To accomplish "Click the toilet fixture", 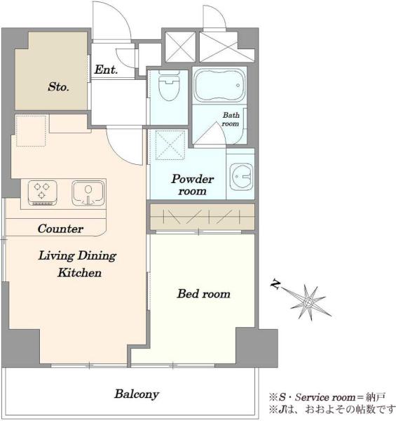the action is (x=169, y=86).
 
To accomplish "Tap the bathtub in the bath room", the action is (x=219, y=85).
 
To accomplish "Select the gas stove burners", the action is (x=43, y=193).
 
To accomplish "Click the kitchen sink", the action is (x=88, y=193).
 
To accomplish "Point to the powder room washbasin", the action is (x=241, y=176).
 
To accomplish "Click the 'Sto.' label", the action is (x=58, y=87).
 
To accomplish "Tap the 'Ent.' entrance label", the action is (x=106, y=69).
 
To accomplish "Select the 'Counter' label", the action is (x=60, y=229).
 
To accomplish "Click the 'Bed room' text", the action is (x=204, y=293).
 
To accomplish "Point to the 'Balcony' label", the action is (x=137, y=394).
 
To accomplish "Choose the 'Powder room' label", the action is (x=193, y=185).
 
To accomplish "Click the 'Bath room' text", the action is (x=231, y=119).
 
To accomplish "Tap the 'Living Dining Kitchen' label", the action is (x=77, y=264).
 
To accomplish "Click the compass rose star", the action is (x=308, y=302).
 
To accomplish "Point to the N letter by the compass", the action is (x=275, y=284).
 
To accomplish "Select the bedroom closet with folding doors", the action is (x=202, y=217).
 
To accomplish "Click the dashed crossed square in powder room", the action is (x=170, y=145).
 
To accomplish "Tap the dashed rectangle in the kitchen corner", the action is (x=31, y=131).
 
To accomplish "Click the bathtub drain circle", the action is (x=238, y=86).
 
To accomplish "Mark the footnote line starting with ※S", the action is (x=327, y=397).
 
